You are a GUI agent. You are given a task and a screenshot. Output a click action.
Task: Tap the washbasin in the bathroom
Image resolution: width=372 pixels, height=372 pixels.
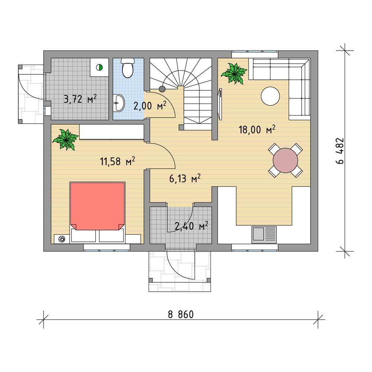[119, 103]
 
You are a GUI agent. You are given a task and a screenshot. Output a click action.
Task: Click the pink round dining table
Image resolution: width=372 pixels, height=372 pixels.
[285, 160]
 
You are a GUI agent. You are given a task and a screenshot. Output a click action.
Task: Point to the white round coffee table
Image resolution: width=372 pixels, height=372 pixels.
[270, 96]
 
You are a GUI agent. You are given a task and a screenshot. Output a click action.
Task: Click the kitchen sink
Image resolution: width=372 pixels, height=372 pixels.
[264, 234]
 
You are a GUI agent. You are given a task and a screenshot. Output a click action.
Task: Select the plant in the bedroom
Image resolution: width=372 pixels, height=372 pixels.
[65, 139]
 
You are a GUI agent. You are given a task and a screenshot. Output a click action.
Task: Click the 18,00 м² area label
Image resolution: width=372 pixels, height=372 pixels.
[257, 129]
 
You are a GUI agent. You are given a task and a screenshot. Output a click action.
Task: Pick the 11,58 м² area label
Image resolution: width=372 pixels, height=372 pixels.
[118, 161]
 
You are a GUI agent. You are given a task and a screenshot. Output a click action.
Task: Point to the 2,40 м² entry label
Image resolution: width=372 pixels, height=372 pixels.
[191, 226]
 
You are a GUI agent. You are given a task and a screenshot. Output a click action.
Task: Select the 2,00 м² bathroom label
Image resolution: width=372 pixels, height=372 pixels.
[150, 106]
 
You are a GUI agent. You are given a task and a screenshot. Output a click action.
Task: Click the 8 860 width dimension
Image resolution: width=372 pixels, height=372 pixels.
[181, 315]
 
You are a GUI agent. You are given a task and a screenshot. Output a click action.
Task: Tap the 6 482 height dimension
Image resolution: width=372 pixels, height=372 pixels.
[340, 151]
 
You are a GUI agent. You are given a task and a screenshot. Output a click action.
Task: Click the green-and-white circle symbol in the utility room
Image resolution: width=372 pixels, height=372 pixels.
[99, 68]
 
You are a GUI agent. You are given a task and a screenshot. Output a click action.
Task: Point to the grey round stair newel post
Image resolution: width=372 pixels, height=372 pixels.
[162, 89]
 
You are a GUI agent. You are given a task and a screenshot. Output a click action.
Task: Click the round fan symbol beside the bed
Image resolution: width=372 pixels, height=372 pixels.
[62, 239]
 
